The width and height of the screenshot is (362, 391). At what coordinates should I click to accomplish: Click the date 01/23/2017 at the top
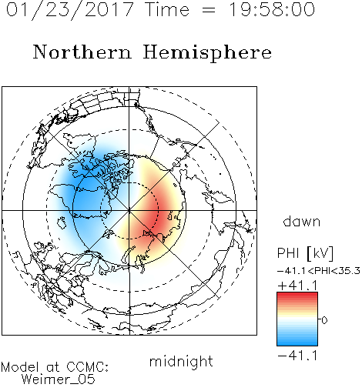[x=70, y=10]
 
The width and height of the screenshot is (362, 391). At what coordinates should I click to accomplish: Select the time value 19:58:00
[x=271, y=9]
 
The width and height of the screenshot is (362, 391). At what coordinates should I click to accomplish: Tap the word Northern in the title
[x=82, y=52]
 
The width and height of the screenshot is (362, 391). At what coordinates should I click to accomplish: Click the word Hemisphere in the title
[x=207, y=53]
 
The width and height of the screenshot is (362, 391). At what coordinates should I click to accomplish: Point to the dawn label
[x=302, y=221]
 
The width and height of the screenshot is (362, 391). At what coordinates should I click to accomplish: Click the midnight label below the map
[x=181, y=362]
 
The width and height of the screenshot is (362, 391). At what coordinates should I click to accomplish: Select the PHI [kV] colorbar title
[x=305, y=253]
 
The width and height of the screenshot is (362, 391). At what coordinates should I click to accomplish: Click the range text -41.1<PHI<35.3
[x=319, y=271]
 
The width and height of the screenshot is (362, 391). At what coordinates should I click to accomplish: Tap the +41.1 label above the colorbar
[x=297, y=286]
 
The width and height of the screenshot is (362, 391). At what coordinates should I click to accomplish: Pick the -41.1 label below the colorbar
[x=297, y=356]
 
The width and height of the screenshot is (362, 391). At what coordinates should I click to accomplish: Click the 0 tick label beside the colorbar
[x=324, y=320]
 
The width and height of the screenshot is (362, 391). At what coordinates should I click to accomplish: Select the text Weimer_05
[x=59, y=379]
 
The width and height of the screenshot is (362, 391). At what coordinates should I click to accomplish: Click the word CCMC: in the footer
[x=87, y=367]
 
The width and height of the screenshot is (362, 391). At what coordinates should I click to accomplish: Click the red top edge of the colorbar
[x=297, y=292]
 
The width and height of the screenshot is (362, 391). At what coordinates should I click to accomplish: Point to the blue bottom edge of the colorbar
[x=297, y=345]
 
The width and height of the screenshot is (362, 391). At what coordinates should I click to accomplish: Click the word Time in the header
[x=167, y=10]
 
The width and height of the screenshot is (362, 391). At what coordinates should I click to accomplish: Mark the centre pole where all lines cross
[x=129, y=210]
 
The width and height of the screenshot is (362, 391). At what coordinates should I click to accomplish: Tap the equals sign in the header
[x=209, y=11]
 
